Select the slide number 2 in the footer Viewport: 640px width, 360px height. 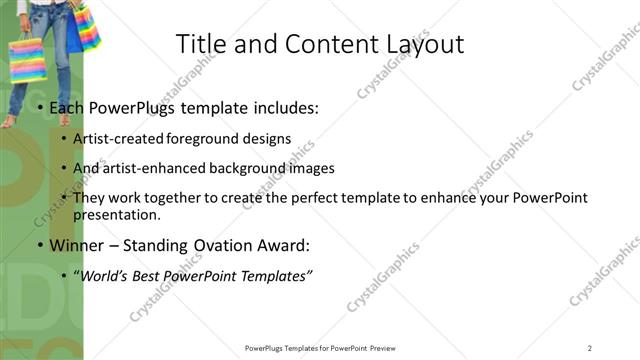[x=590, y=348]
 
